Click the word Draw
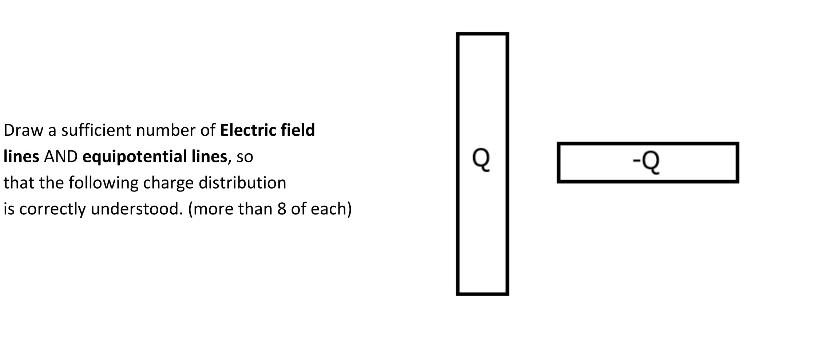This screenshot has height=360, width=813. [x=23, y=130]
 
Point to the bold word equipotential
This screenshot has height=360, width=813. [x=155, y=157]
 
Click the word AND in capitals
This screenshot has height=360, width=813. [x=61, y=157]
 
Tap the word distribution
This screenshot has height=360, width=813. [x=242, y=183]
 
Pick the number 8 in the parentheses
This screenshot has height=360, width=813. [x=282, y=209]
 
